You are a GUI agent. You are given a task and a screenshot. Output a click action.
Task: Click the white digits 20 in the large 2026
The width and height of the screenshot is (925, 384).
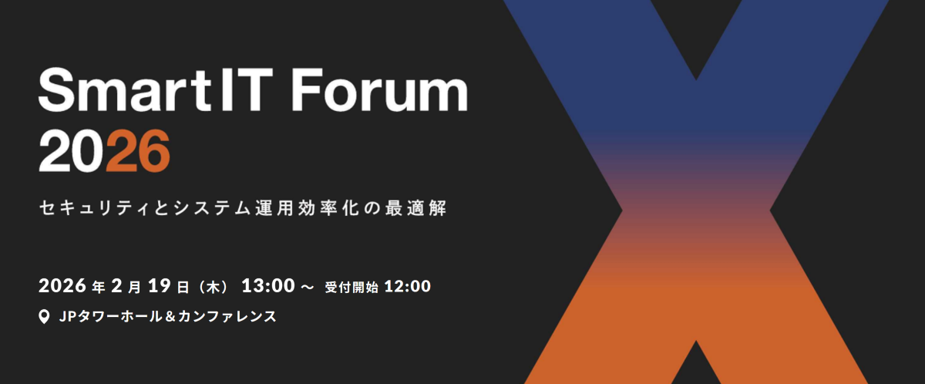tap(72, 151)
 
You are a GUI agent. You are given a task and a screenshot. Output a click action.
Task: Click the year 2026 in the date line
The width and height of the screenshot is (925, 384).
tap(62, 286)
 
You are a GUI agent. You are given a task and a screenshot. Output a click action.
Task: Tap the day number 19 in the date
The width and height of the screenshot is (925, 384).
tap(158, 286)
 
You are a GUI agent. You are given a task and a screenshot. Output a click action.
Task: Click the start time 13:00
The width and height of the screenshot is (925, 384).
tap(268, 286)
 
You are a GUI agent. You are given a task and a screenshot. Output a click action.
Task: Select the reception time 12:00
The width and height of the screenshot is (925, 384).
tap(407, 286)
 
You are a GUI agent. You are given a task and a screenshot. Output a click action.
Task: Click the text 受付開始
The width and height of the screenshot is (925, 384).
tap(351, 287)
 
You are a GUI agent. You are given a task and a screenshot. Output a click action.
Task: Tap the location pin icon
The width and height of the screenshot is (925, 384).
tap(44, 316)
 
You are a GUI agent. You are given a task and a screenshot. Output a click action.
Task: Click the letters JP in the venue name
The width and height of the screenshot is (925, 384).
tap(66, 316)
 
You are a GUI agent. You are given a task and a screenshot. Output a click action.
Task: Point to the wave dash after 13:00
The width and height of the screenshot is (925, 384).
tap(307, 287)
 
